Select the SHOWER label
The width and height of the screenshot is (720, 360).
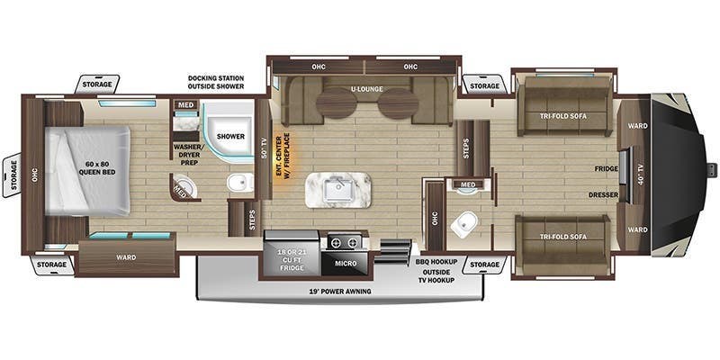point(229,136)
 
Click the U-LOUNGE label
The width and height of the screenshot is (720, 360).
point(366,90)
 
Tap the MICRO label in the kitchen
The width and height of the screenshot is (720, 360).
point(346,264)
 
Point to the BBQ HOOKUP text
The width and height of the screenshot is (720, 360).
point(436,261)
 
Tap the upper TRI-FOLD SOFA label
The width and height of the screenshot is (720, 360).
point(565,114)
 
